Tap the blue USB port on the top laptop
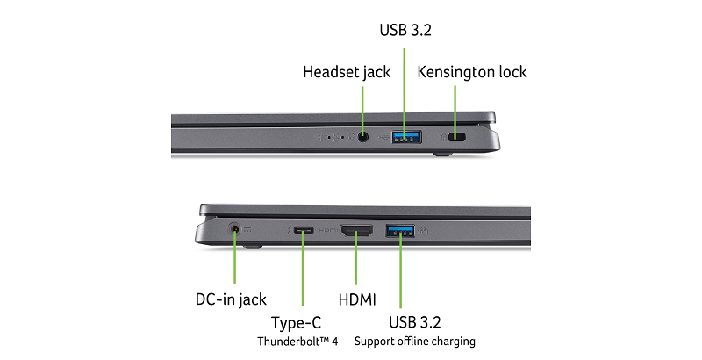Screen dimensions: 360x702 point(405,137)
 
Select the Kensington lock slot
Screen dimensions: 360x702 point(456,138)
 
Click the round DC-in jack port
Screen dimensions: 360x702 point(235,231)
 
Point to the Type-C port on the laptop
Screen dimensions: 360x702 point(304,231)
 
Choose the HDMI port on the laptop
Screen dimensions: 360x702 point(356,232)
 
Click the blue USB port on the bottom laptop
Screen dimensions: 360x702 point(399,231)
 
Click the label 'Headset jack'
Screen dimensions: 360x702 point(346,72)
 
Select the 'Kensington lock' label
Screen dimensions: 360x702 point(472,72)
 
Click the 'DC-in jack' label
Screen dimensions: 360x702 point(231,299)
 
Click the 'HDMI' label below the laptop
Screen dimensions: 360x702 point(356,299)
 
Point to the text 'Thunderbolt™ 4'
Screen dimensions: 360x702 point(296,341)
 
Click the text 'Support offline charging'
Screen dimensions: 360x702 point(415,341)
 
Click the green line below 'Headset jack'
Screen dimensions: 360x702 point(363,105)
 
